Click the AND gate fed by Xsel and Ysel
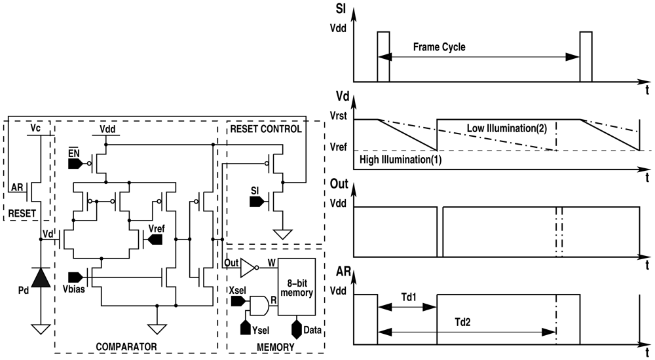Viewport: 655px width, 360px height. point(260,304)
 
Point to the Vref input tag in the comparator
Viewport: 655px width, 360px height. point(155,240)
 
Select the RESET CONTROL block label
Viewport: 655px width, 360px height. point(265,129)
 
